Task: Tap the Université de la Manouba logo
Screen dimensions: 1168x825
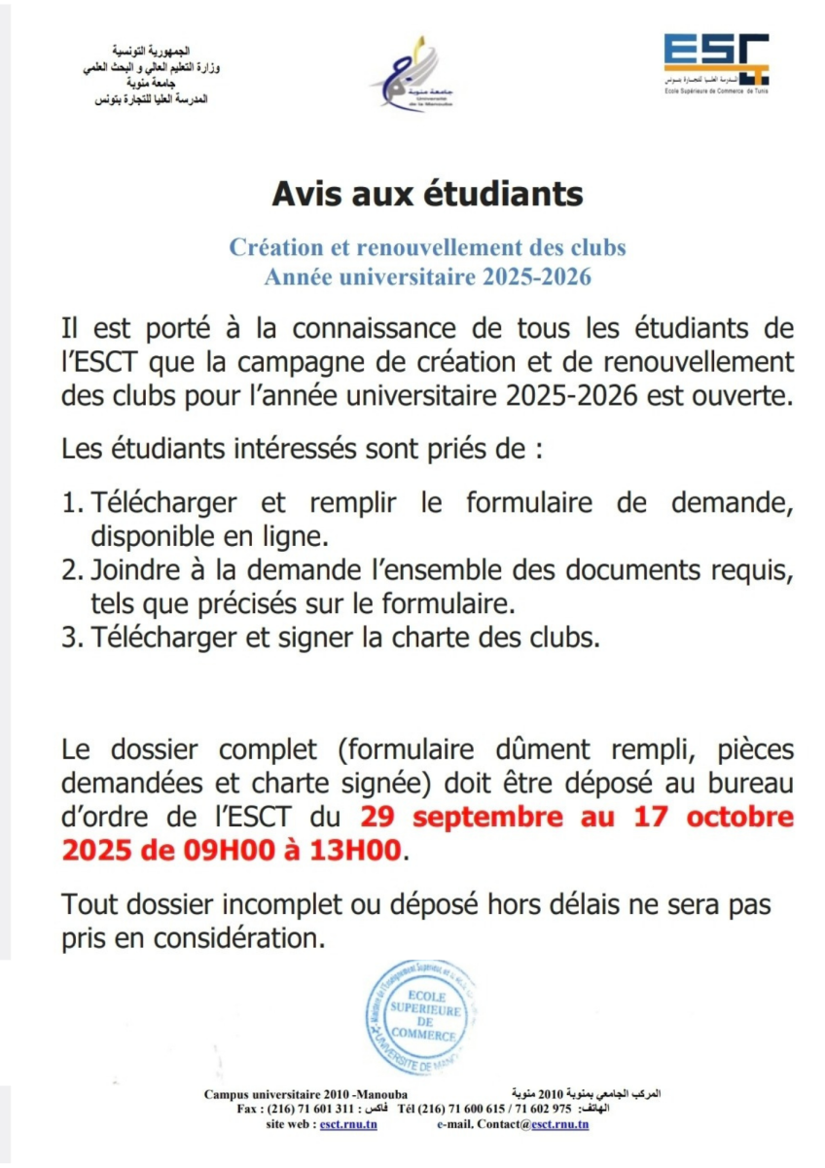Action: (412, 76)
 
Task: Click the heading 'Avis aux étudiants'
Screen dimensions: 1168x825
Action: (427, 194)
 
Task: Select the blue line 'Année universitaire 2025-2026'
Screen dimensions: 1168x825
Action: (428, 277)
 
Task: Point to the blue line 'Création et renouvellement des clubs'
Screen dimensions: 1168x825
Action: (427, 247)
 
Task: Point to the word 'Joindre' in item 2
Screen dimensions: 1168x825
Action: (132, 570)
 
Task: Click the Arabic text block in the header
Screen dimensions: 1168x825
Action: (149, 75)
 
